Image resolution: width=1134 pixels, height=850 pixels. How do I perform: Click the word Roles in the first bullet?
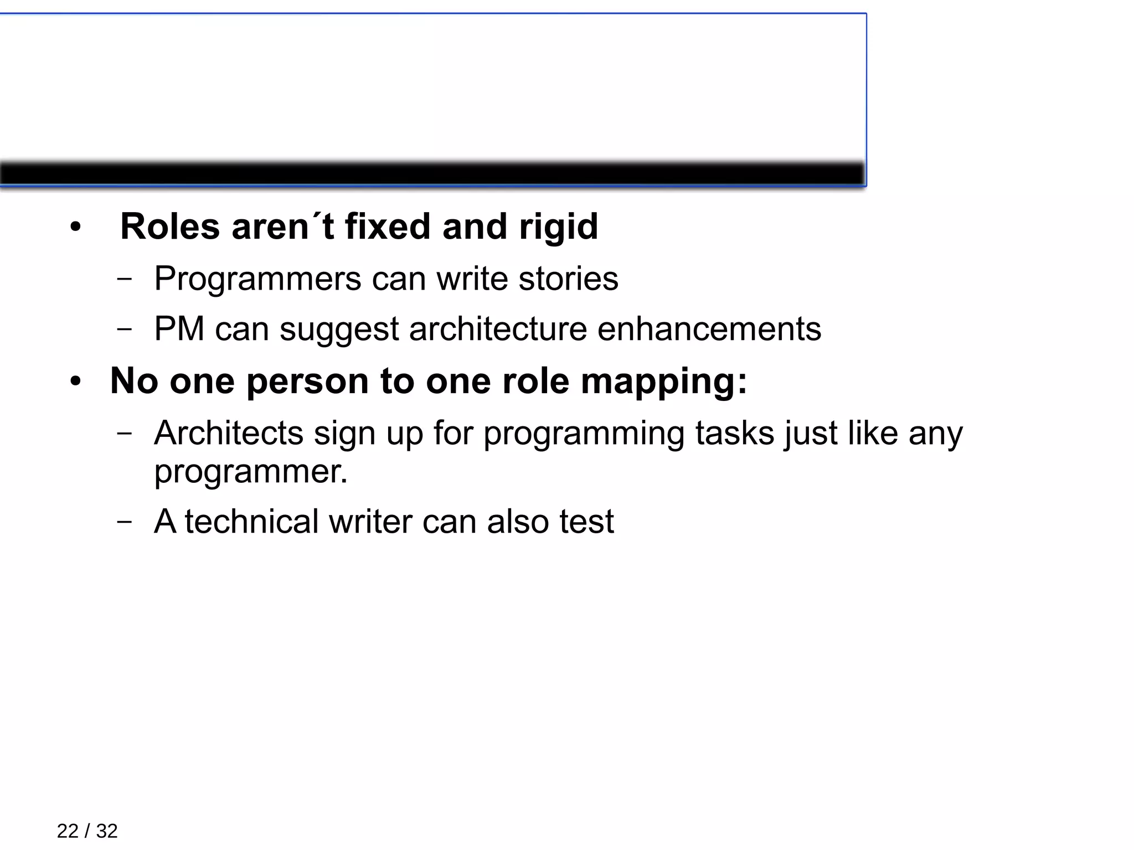click(169, 226)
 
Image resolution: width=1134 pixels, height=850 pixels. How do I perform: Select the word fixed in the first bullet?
click(388, 226)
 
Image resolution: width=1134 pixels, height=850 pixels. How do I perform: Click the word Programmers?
click(257, 279)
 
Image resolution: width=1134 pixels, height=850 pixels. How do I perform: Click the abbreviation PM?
click(179, 329)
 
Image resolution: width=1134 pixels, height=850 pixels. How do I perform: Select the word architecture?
click(497, 329)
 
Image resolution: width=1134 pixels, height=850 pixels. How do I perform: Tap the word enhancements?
click(709, 329)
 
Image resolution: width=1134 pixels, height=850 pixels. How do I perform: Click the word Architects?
click(228, 432)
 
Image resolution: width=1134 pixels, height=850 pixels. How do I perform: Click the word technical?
click(251, 522)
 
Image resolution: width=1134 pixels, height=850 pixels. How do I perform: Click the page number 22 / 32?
click(87, 831)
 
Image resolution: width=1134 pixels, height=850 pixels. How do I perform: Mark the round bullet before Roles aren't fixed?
click(75, 227)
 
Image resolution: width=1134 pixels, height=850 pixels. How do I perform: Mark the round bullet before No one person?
click(75, 382)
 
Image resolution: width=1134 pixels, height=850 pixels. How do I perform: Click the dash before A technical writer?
click(125, 522)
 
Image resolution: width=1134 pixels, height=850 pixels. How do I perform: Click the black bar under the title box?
click(432, 174)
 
